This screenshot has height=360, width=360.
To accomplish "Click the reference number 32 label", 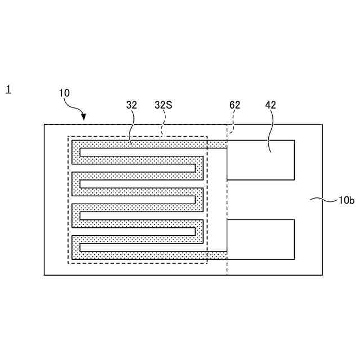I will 132,105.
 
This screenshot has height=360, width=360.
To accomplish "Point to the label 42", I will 271,105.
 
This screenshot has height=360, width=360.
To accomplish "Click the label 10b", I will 346,200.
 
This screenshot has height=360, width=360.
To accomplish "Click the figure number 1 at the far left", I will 8,89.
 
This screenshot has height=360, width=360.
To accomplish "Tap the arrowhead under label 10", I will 84,117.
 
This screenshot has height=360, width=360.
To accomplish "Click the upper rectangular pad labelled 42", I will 260,160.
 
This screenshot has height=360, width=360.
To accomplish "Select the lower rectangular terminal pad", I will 260,239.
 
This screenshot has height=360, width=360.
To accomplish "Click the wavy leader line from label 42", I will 269,129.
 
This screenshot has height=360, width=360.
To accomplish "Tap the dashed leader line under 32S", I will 163,124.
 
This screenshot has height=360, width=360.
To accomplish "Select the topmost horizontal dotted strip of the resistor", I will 141,145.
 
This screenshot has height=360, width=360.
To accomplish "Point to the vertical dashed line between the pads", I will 227,200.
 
